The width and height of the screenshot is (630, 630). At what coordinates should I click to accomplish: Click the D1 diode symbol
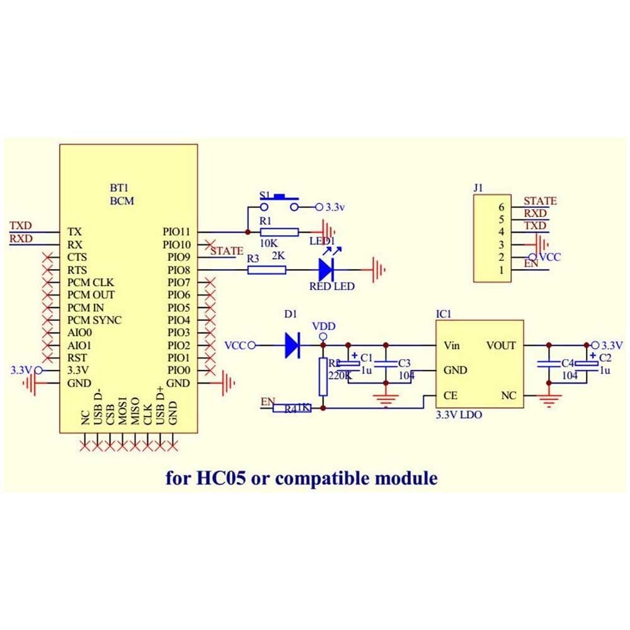click(x=292, y=345)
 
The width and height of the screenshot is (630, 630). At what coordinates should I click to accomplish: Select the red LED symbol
click(x=326, y=270)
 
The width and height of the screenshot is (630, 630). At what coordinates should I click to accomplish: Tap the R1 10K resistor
click(x=278, y=232)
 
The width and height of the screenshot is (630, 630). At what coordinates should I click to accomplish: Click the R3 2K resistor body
click(x=266, y=270)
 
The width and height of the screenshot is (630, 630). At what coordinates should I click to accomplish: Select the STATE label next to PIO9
click(x=227, y=251)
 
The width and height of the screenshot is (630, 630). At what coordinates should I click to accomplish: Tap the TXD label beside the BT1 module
click(x=21, y=226)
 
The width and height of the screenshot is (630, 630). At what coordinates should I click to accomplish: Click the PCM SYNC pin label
click(x=94, y=320)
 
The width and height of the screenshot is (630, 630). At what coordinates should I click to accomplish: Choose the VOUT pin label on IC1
click(x=501, y=345)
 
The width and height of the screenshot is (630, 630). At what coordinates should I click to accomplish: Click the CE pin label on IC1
click(x=450, y=396)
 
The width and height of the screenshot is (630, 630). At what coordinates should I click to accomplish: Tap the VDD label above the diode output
click(x=324, y=326)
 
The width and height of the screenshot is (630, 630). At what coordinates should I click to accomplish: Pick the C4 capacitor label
click(x=568, y=363)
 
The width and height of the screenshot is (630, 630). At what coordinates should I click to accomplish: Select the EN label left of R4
click(x=268, y=402)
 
